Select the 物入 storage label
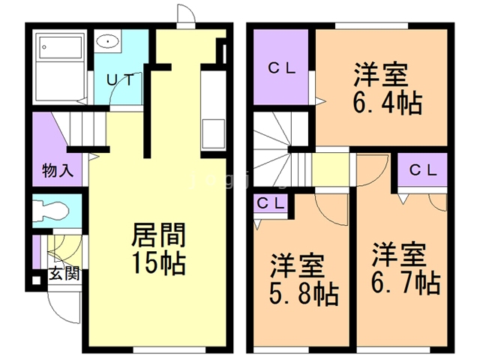coord(58,170)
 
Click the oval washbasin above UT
coord(109,42)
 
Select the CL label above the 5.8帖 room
coord(269,202)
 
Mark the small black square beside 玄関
coord(33,284)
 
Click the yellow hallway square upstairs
coord(331,169)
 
